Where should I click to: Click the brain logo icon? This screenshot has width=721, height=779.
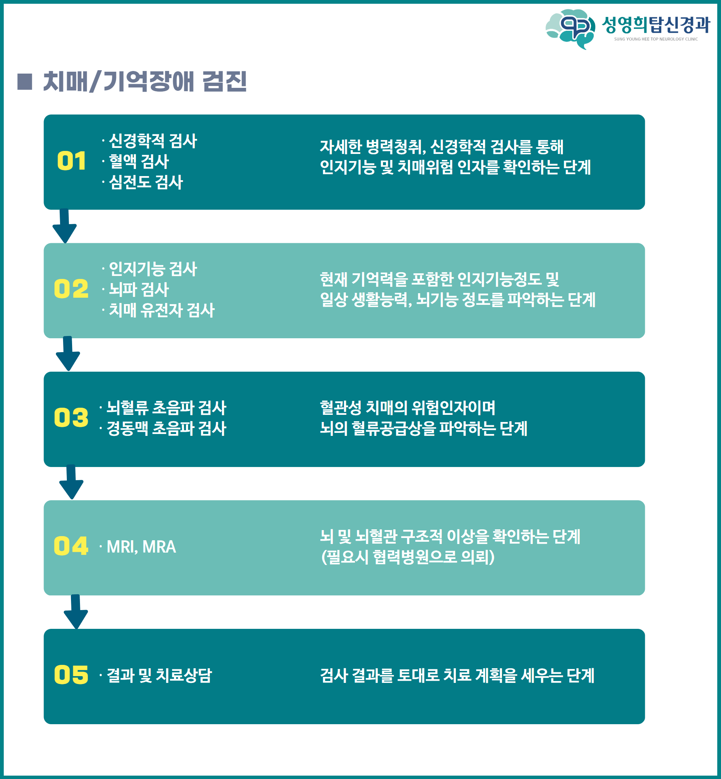(x=570, y=29)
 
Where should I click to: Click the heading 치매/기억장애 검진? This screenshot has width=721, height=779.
(x=145, y=81)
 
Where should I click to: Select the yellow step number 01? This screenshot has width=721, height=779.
(x=71, y=161)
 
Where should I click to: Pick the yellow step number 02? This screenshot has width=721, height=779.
(x=71, y=289)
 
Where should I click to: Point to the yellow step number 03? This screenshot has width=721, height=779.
(x=71, y=417)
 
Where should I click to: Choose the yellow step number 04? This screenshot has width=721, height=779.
(x=71, y=546)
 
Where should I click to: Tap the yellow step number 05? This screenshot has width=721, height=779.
(x=71, y=675)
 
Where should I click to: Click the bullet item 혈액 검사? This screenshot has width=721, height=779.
(x=139, y=161)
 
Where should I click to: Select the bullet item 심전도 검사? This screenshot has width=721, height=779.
(x=146, y=182)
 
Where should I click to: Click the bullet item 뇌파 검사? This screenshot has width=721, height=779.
(x=139, y=289)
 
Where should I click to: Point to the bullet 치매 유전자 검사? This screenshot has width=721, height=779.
(x=161, y=310)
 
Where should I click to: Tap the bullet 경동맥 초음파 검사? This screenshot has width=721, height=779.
(x=166, y=428)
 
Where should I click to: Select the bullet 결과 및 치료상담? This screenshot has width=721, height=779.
(x=159, y=675)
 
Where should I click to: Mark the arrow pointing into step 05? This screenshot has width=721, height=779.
(x=76, y=612)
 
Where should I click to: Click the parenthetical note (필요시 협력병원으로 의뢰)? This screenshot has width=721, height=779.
(x=408, y=557)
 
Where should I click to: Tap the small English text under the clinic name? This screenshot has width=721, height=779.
(x=655, y=39)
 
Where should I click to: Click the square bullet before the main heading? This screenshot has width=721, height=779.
(x=25, y=81)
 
